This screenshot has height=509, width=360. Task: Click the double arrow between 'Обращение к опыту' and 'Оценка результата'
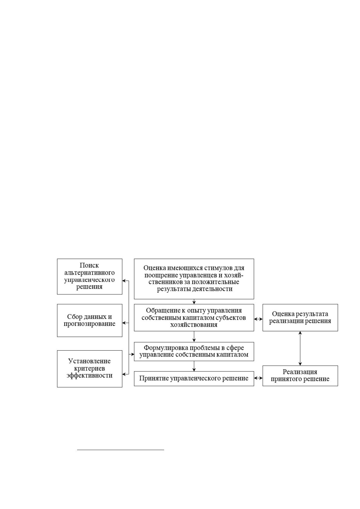[258, 319]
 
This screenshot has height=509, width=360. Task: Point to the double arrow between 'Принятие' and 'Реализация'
[258, 378]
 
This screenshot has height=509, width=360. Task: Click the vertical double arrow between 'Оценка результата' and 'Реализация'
[300, 348]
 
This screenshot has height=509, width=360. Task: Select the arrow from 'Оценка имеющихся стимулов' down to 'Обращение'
[194, 302]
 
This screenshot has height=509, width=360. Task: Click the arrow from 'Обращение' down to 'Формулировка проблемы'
[194, 336]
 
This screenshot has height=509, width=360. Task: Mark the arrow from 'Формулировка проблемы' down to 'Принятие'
[194, 366]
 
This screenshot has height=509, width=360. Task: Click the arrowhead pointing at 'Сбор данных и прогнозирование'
[124, 323]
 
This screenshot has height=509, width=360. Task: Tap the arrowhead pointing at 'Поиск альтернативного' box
[124, 280]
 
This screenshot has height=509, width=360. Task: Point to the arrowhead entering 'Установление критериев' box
[124, 374]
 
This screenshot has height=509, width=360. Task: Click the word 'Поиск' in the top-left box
[89, 265]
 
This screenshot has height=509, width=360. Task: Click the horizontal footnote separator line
[121, 449]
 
